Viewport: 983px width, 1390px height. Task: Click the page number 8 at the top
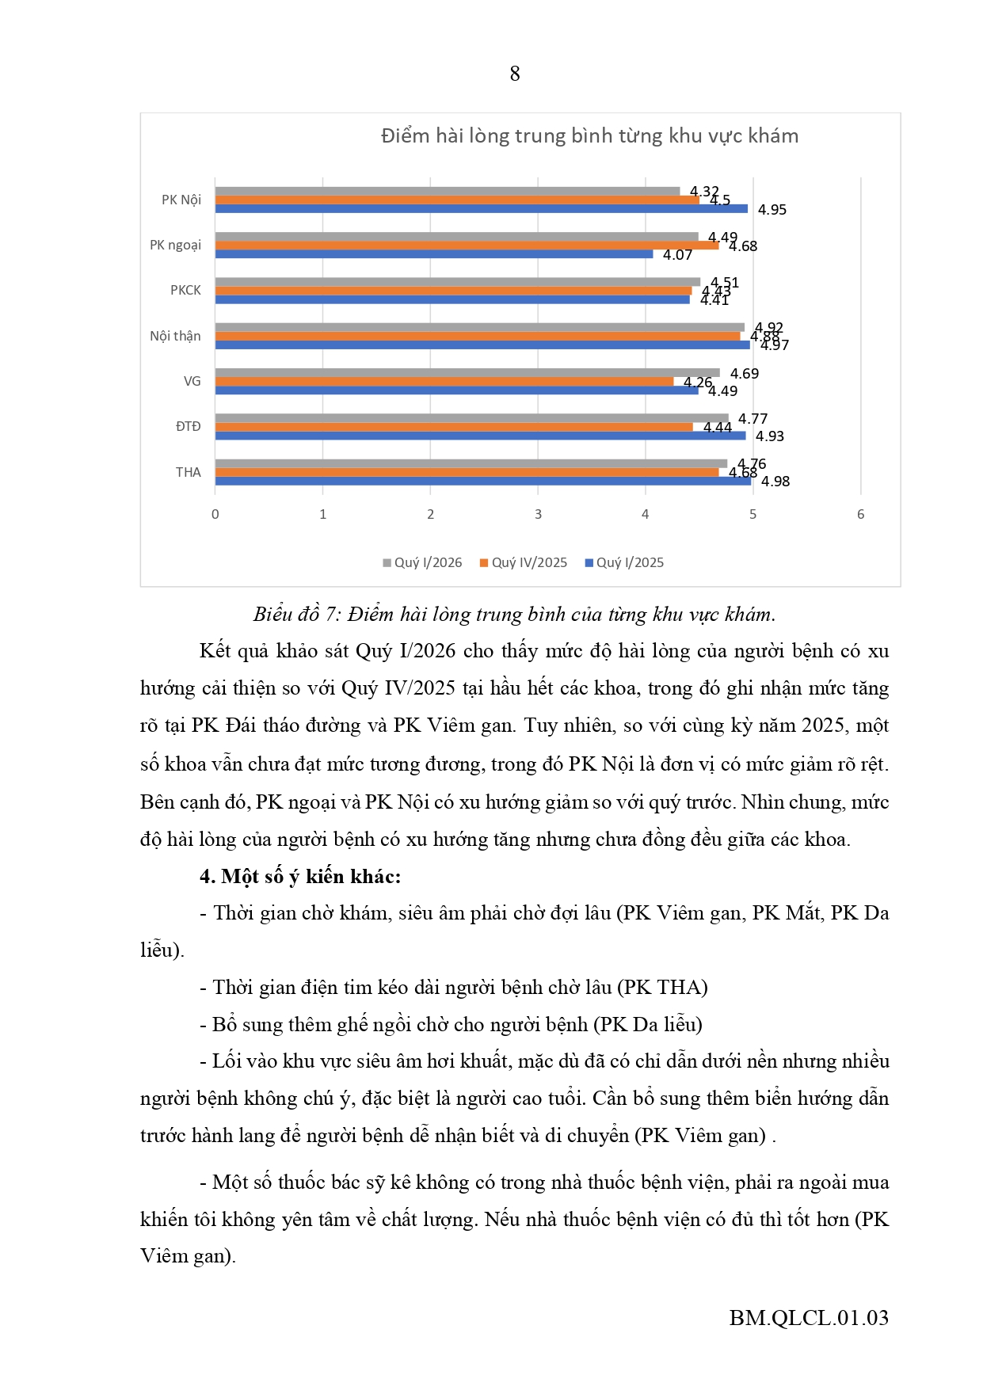click(x=515, y=74)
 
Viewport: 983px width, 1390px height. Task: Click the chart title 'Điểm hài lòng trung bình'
click(x=589, y=136)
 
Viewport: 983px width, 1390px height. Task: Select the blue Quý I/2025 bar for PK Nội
click(x=481, y=209)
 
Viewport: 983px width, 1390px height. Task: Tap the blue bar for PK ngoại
click(x=433, y=254)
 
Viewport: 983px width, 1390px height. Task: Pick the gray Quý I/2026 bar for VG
click(x=467, y=373)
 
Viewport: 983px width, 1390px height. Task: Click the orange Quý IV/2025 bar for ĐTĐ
click(x=453, y=427)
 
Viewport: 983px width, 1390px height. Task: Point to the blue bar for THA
click(x=482, y=481)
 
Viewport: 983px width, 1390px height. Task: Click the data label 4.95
click(x=772, y=210)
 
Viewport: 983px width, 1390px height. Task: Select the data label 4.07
click(x=677, y=255)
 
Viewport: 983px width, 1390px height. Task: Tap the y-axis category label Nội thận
click(x=175, y=336)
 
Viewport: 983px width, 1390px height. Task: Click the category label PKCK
click(x=185, y=291)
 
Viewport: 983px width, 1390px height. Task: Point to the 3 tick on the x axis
click(x=538, y=515)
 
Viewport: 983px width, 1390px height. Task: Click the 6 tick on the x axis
click(x=860, y=515)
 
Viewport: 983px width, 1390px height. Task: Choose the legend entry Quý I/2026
click(x=423, y=562)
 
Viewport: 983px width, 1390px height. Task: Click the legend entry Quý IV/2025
click(x=524, y=562)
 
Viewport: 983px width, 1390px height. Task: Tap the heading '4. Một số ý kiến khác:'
click(x=300, y=876)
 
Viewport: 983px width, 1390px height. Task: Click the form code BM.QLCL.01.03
click(x=809, y=1317)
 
